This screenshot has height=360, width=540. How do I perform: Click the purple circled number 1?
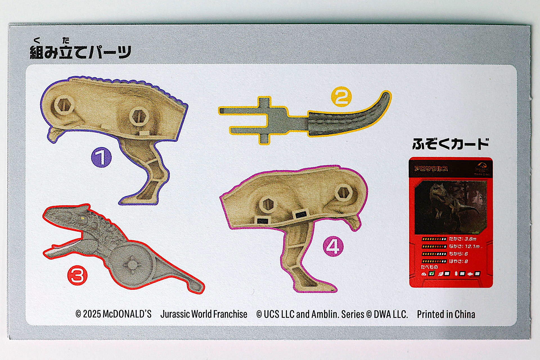pyautogui.click(x=101, y=157)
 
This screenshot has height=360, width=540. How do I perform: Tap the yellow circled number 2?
pyautogui.click(x=341, y=97)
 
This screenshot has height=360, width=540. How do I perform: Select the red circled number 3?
pyautogui.click(x=77, y=275)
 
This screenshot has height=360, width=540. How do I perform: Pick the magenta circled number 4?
pyautogui.click(x=333, y=246)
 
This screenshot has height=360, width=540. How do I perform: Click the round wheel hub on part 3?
pyautogui.click(x=132, y=264)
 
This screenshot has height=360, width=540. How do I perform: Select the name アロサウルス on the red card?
pyautogui.click(x=431, y=169)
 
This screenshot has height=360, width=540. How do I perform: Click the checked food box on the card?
pyautogui.click(x=432, y=273)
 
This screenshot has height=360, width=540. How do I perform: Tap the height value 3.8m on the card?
pyautogui.click(x=470, y=239)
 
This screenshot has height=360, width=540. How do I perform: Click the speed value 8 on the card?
pyautogui.click(x=466, y=261)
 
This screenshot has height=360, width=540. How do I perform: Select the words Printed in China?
pyautogui.click(x=446, y=314)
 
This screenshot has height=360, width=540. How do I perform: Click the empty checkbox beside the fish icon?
pyautogui.click(x=477, y=274)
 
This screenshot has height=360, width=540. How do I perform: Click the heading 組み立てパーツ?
pyautogui.click(x=80, y=52)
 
